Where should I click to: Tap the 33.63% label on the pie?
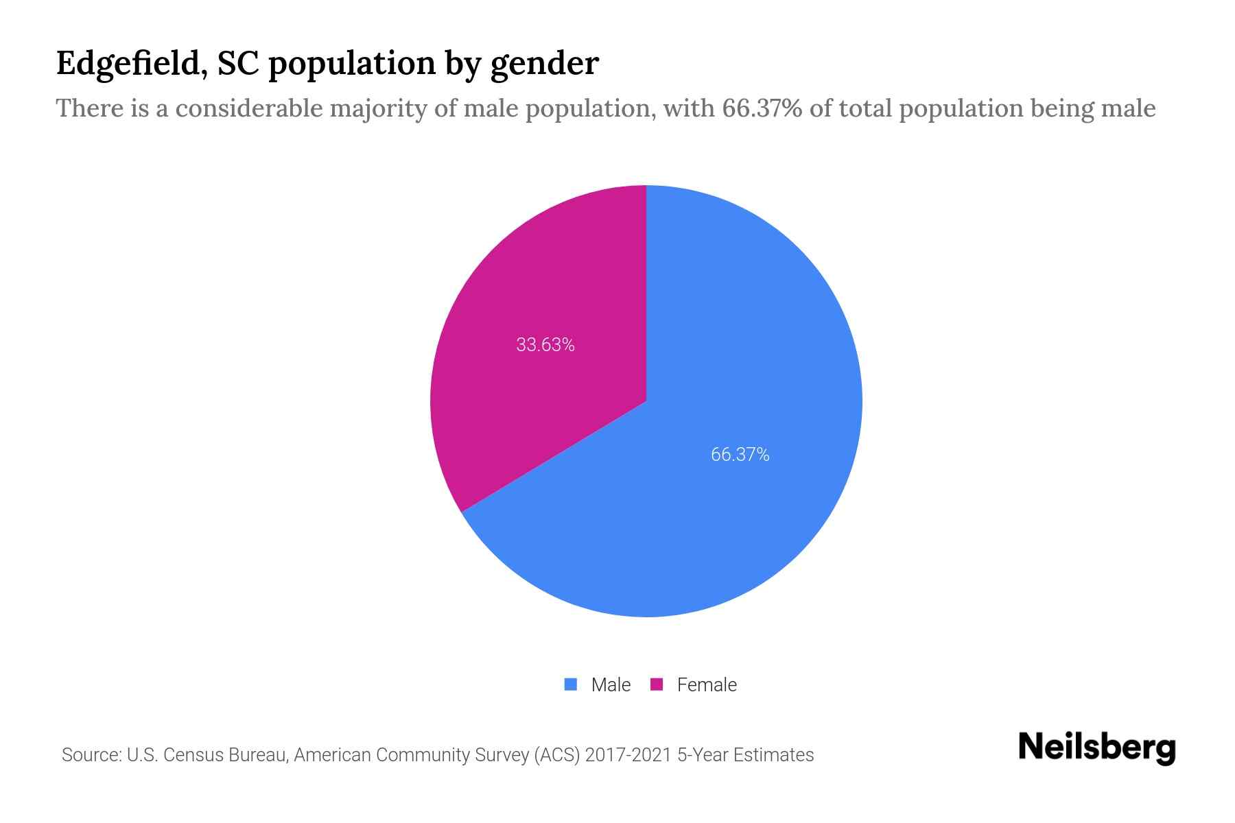click(x=545, y=344)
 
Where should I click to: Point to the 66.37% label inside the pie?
click(x=740, y=454)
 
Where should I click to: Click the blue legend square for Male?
click(x=570, y=684)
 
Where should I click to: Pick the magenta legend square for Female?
click(x=657, y=684)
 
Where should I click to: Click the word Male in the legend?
click(x=611, y=684)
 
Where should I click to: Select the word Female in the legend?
click(x=707, y=684)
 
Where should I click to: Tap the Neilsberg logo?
click(x=1096, y=748)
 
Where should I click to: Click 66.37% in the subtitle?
click(x=762, y=108)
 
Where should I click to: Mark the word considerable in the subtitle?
click(x=249, y=108)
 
